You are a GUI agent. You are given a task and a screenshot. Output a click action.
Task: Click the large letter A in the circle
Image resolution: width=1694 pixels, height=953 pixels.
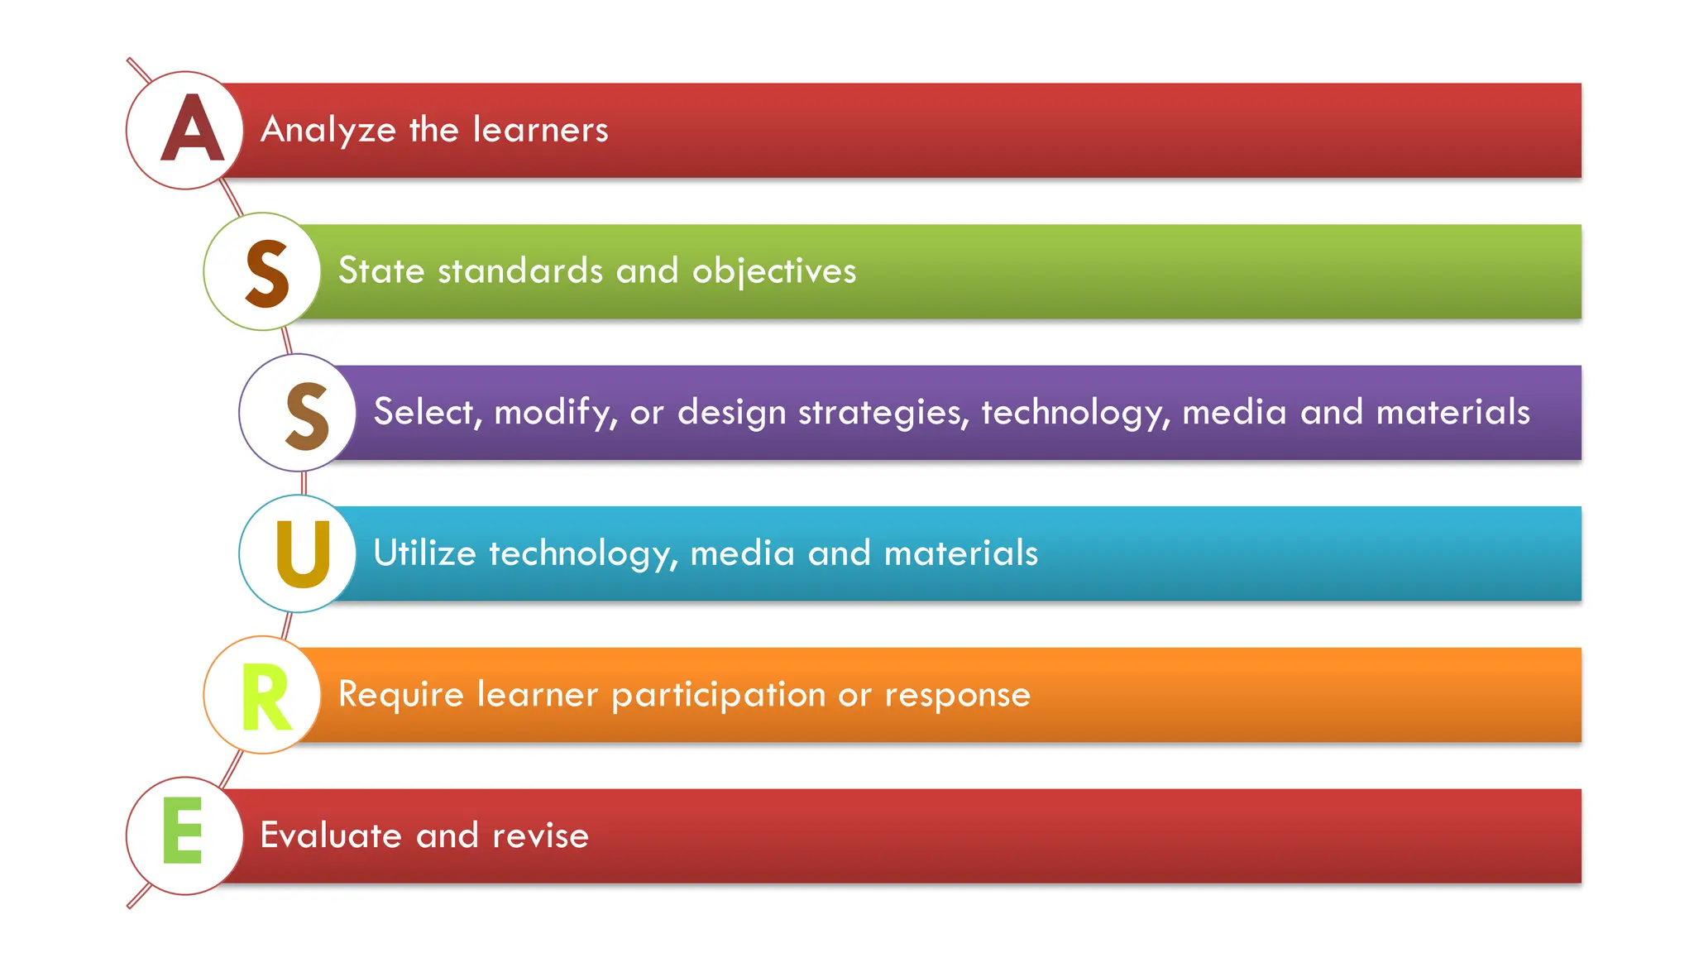coord(192,129)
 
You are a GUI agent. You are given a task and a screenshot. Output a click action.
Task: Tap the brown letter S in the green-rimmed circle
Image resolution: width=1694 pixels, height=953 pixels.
coord(267,273)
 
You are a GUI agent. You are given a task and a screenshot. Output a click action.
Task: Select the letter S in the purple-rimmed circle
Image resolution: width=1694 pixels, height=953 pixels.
coord(307,415)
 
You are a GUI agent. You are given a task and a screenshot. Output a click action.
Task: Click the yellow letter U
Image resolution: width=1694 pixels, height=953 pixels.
coord(303,554)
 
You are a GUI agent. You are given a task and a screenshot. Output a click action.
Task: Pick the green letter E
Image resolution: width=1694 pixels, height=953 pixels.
coord(183,831)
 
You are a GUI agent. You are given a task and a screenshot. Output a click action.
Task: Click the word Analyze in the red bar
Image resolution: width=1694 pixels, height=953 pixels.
coord(328,130)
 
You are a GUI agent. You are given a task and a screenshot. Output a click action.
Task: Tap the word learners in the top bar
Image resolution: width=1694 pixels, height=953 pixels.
coord(540,130)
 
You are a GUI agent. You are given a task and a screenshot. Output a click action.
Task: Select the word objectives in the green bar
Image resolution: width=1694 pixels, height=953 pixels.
coord(773,271)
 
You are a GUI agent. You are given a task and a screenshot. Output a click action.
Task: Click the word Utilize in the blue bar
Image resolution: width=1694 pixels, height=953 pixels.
coord(424,553)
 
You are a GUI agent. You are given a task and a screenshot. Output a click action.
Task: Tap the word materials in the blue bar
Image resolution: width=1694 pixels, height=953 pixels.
coord(960,553)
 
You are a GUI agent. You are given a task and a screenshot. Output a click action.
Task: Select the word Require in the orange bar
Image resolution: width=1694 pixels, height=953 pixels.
coord(400,695)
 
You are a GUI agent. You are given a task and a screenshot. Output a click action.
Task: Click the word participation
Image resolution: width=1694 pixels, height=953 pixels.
coord(718,695)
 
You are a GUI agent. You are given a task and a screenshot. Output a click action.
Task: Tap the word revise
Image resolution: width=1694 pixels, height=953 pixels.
coord(540,836)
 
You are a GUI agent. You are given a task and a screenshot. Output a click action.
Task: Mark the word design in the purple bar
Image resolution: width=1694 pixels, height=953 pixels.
coord(731,413)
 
